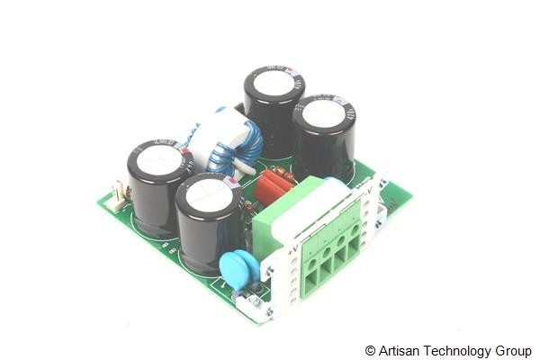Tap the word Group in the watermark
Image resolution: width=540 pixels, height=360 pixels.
pos(513,350)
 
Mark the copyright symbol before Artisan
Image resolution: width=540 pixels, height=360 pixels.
pos(370,350)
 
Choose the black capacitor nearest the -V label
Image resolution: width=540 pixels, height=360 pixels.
pos(324,135)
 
